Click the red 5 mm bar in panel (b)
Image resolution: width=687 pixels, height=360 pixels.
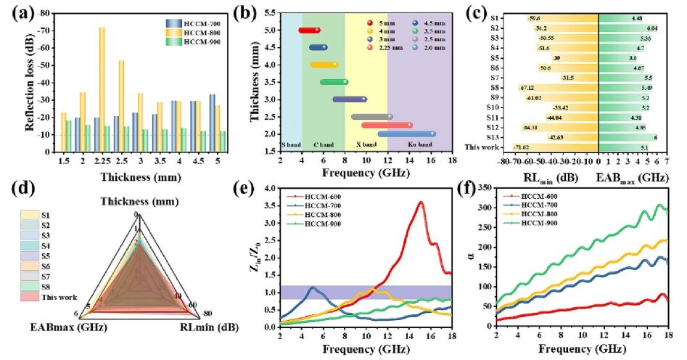point(309,30)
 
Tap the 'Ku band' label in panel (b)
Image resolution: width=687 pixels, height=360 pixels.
point(416,144)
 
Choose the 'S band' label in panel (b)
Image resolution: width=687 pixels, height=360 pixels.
point(292,144)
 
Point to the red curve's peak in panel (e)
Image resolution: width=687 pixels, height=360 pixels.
point(420,202)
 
